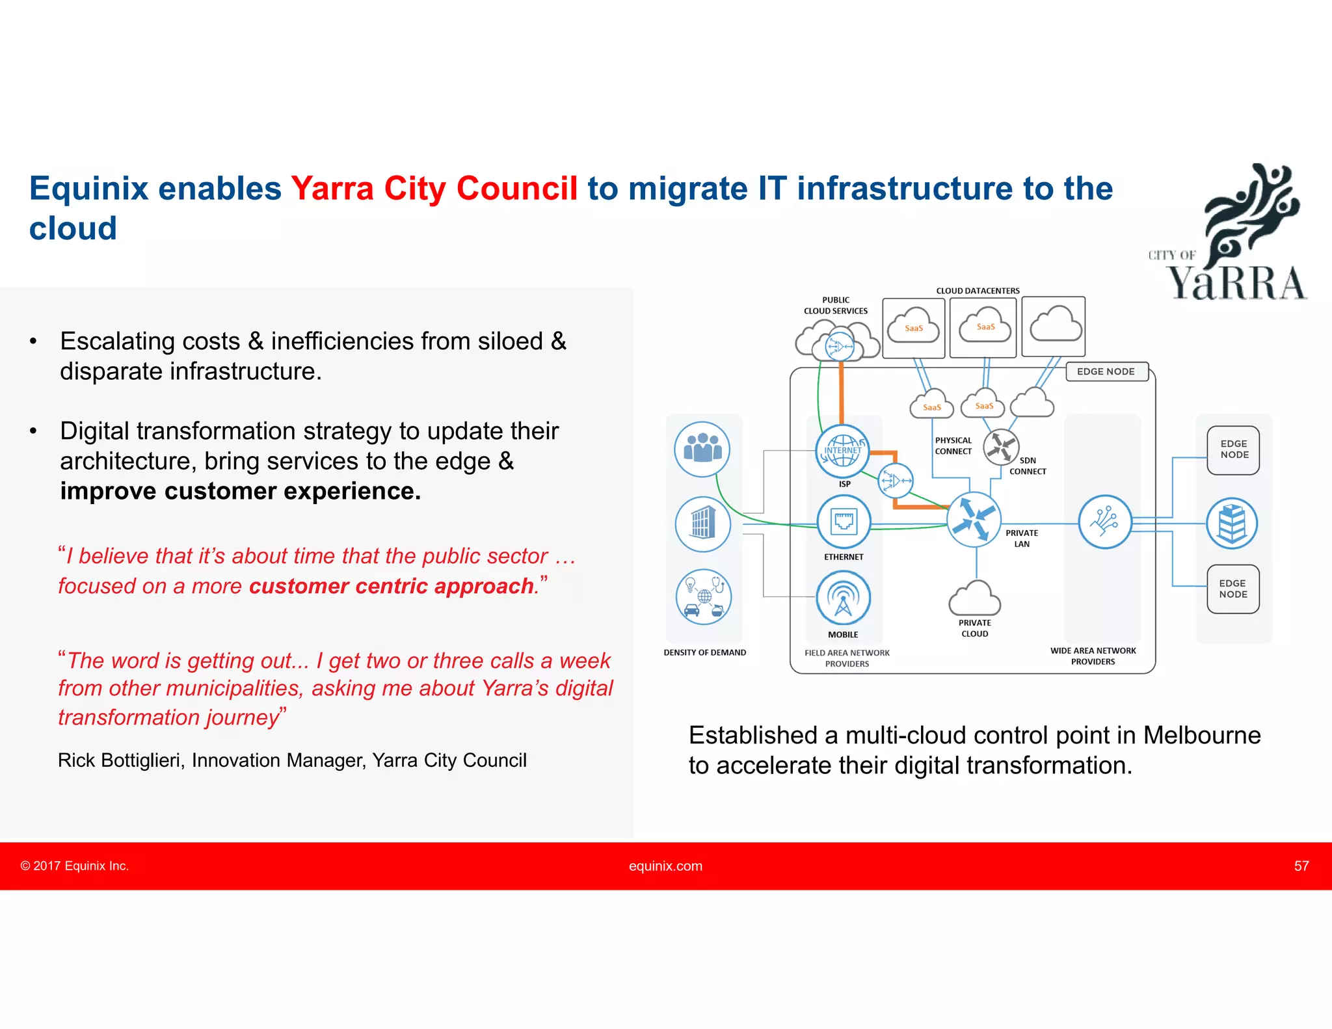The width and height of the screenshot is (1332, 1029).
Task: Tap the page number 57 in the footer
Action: (1301, 866)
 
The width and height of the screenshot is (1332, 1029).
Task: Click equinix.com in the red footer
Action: (665, 866)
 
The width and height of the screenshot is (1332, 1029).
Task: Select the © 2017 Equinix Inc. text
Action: (75, 866)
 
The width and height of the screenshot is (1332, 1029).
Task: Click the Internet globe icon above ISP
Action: (842, 451)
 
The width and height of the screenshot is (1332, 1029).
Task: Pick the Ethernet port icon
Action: (844, 522)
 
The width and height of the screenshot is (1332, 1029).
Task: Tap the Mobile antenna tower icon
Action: (843, 598)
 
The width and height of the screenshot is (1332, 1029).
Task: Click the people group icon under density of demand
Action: (702, 449)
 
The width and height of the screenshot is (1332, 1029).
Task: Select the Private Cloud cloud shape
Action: (974, 598)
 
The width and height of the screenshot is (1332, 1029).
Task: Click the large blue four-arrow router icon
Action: (974, 519)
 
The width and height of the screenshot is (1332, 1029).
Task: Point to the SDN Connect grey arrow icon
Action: (1001, 447)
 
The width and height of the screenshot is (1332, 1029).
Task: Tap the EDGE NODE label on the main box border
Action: (1106, 371)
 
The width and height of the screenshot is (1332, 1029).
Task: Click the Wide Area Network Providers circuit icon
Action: (1104, 522)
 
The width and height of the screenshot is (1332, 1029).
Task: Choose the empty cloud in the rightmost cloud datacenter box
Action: (1055, 324)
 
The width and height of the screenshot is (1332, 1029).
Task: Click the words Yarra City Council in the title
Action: (434, 189)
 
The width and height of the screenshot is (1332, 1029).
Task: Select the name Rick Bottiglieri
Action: (121, 760)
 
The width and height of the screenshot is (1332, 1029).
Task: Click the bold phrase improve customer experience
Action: (240, 491)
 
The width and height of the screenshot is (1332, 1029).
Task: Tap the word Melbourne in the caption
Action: (1202, 736)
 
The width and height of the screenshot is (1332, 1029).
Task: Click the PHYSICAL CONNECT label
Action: (953, 446)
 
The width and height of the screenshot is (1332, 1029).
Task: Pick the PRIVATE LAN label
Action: (1022, 539)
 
